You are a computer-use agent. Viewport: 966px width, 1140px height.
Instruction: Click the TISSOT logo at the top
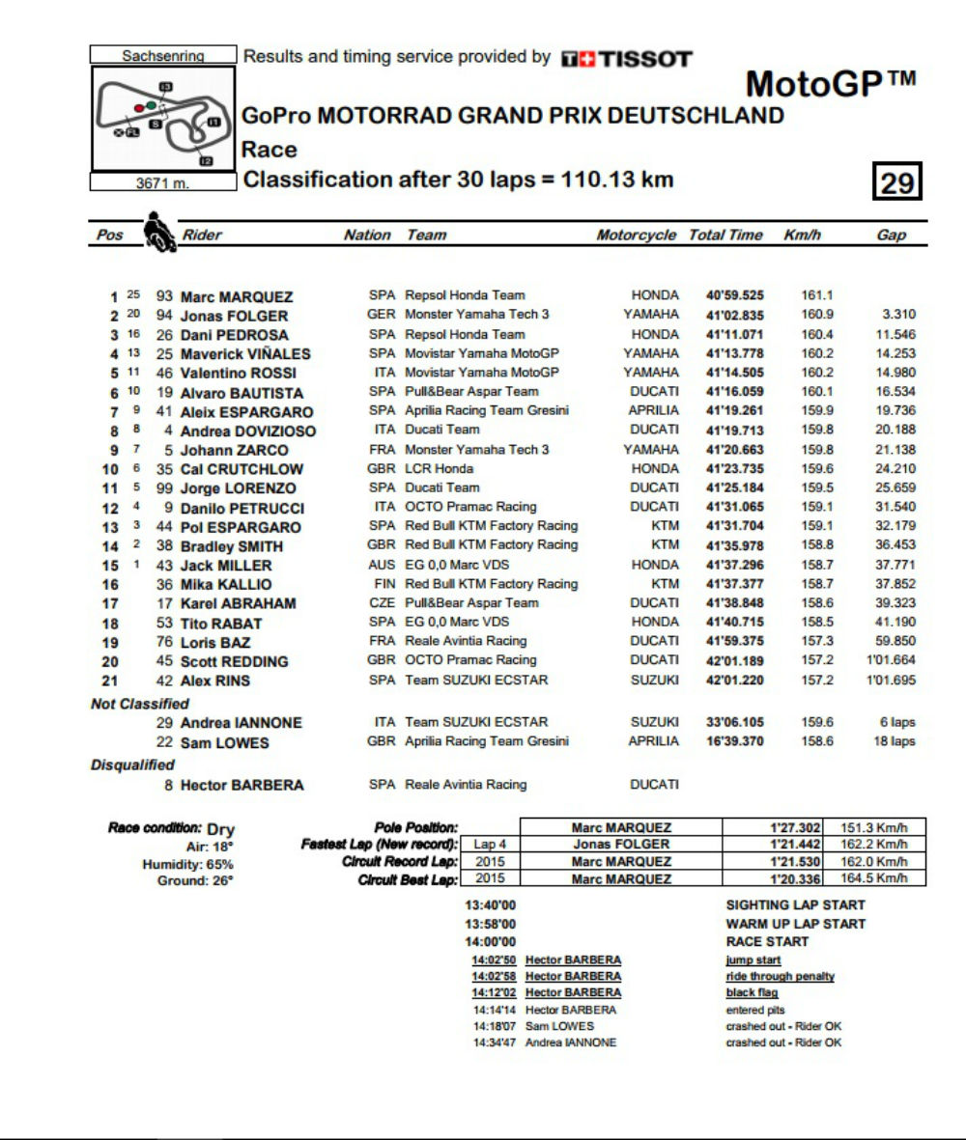click(627, 59)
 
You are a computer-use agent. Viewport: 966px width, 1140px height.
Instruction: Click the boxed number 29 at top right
click(897, 181)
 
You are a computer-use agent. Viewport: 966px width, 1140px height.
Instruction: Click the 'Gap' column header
click(891, 235)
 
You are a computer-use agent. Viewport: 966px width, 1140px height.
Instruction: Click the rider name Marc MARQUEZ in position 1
click(237, 296)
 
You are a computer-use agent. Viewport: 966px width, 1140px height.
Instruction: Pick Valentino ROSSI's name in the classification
click(239, 373)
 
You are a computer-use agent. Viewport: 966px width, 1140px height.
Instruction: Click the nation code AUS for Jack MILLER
click(383, 565)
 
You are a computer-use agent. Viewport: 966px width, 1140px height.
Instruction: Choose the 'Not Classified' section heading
click(140, 704)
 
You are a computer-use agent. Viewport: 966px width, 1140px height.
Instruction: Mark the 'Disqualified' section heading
click(132, 765)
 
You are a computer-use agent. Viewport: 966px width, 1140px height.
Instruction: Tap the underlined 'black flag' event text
click(752, 992)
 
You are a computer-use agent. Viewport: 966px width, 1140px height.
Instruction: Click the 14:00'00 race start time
click(491, 941)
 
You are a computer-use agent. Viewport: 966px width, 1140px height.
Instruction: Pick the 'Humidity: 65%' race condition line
click(187, 864)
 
